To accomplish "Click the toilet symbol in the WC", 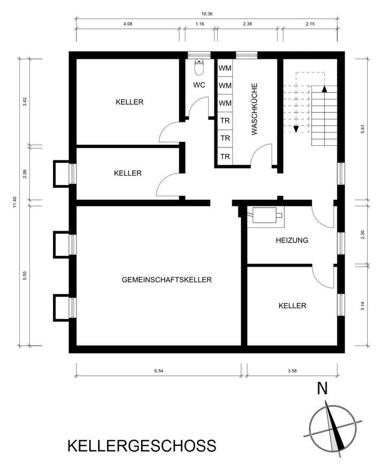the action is click(x=199, y=67).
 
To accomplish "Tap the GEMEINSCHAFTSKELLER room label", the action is click(x=167, y=279).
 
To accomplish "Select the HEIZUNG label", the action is click(x=292, y=240).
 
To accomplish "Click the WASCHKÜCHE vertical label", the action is click(x=255, y=109).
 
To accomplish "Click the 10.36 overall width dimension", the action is click(x=207, y=13).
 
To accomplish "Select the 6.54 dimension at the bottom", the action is click(x=158, y=371).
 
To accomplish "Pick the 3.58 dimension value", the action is click(x=292, y=371).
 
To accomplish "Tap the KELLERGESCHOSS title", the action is click(x=142, y=446).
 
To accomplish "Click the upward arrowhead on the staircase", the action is click(x=325, y=89).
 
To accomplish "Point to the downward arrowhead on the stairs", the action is click(x=296, y=129).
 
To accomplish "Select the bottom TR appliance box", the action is click(x=225, y=156).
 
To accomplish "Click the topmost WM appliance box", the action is click(x=225, y=68).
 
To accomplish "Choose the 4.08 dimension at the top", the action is click(x=128, y=24).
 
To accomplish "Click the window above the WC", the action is click(x=199, y=55).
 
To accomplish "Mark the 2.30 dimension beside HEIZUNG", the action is click(x=363, y=235).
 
